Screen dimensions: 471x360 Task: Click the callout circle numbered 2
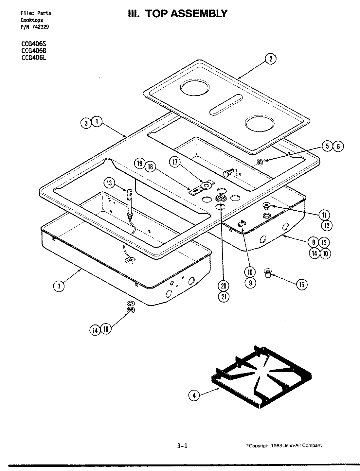[270, 59]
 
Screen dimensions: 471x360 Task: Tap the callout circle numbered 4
[194, 395]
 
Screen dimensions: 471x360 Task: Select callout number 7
[59, 286]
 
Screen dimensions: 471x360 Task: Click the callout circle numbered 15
[301, 285]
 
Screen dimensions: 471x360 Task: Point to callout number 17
[175, 162]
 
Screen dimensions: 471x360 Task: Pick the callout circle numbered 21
[224, 297]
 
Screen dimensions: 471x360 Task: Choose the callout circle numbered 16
[106, 329]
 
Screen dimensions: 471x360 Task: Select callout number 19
[140, 163]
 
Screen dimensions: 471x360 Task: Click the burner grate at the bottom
[262, 376]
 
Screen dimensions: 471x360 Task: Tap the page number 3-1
[182, 445]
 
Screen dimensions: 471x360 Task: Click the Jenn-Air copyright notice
[284, 445]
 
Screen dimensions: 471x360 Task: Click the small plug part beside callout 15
[268, 272]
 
